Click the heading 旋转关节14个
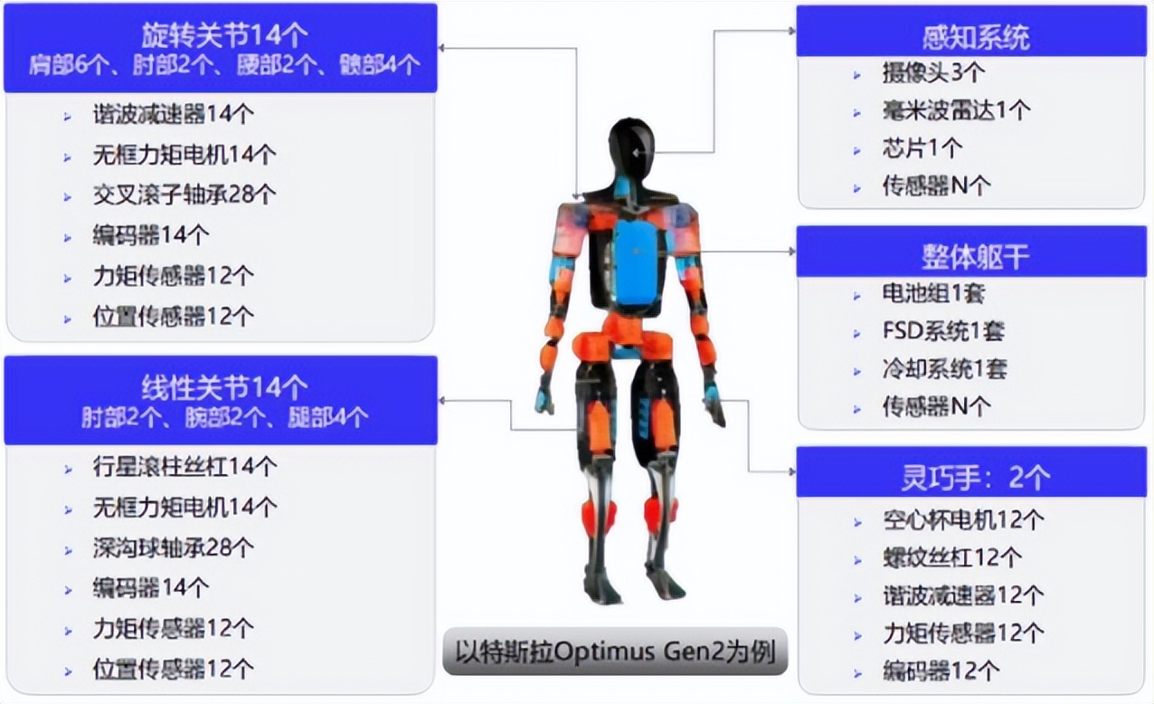pos(224,35)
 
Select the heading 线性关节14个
pos(224,387)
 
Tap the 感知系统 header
pos(976,37)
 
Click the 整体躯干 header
pos(976,257)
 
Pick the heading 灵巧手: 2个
pos(976,478)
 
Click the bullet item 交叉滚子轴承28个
pos(184,195)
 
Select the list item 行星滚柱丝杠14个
pos(184,467)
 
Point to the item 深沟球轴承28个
pos(173,547)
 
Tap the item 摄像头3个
pos(933,72)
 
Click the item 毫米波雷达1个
pos(956,110)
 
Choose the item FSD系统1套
pos(944,331)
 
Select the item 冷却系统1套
pos(945,369)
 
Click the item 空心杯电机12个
pos(963,520)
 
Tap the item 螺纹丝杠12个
pos(952,558)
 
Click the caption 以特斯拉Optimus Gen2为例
pos(616,652)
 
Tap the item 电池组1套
pos(933,294)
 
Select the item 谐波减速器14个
pos(173,114)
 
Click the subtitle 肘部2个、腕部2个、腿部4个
pos(224,417)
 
